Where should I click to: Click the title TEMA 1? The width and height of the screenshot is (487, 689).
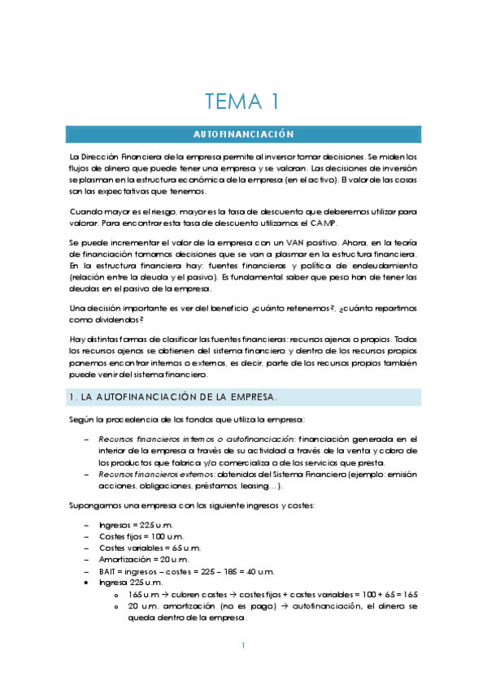243,102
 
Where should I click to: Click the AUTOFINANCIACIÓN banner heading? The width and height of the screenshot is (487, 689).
243,133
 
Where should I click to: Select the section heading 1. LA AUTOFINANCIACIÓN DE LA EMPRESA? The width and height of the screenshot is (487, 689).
175,396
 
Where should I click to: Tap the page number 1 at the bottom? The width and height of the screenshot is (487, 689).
243,646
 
